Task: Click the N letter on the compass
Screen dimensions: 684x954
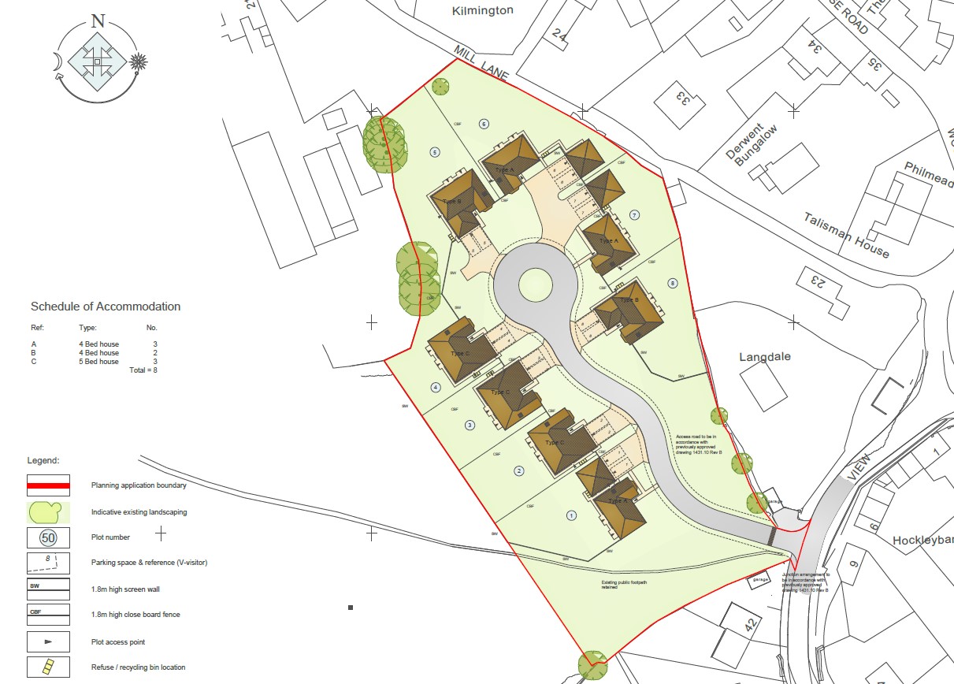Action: (x=98, y=21)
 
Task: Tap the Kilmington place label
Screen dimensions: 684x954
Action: (x=483, y=10)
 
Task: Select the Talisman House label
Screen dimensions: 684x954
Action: (x=847, y=235)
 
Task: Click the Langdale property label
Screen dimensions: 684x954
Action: (x=764, y=357)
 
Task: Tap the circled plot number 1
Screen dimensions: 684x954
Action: (x=572, y=515)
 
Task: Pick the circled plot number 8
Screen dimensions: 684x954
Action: (x=672, y=283)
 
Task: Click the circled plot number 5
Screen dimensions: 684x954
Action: (x=434, y=152)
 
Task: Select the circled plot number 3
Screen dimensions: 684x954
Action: (x=470, y=426)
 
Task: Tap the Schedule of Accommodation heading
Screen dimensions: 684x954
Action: (x=106, y=307)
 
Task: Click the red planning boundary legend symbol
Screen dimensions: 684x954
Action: (x=49, y=485)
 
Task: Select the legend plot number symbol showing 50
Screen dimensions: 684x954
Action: (x=49, y=537)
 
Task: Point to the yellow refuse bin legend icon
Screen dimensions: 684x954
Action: (x=49, y=667)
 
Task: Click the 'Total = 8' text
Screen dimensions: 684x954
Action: (x=143, y=370)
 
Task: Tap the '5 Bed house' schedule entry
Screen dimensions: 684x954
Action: (x=98, y=361)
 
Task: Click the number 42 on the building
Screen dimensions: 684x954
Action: (x=749, y=626)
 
